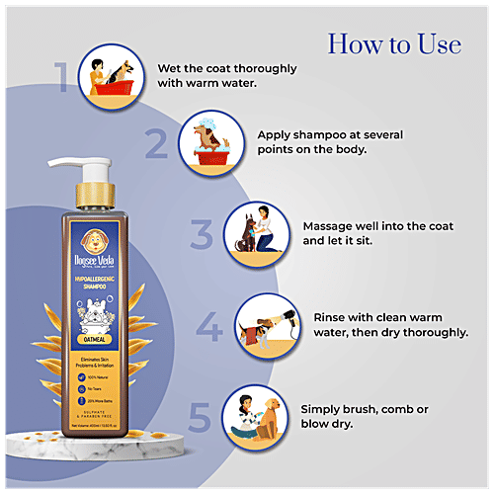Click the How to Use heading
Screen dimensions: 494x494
[393, 43]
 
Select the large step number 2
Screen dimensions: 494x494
[156, 144]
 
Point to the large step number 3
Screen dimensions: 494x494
[202, 236]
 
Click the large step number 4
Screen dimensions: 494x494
[208, 326]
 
